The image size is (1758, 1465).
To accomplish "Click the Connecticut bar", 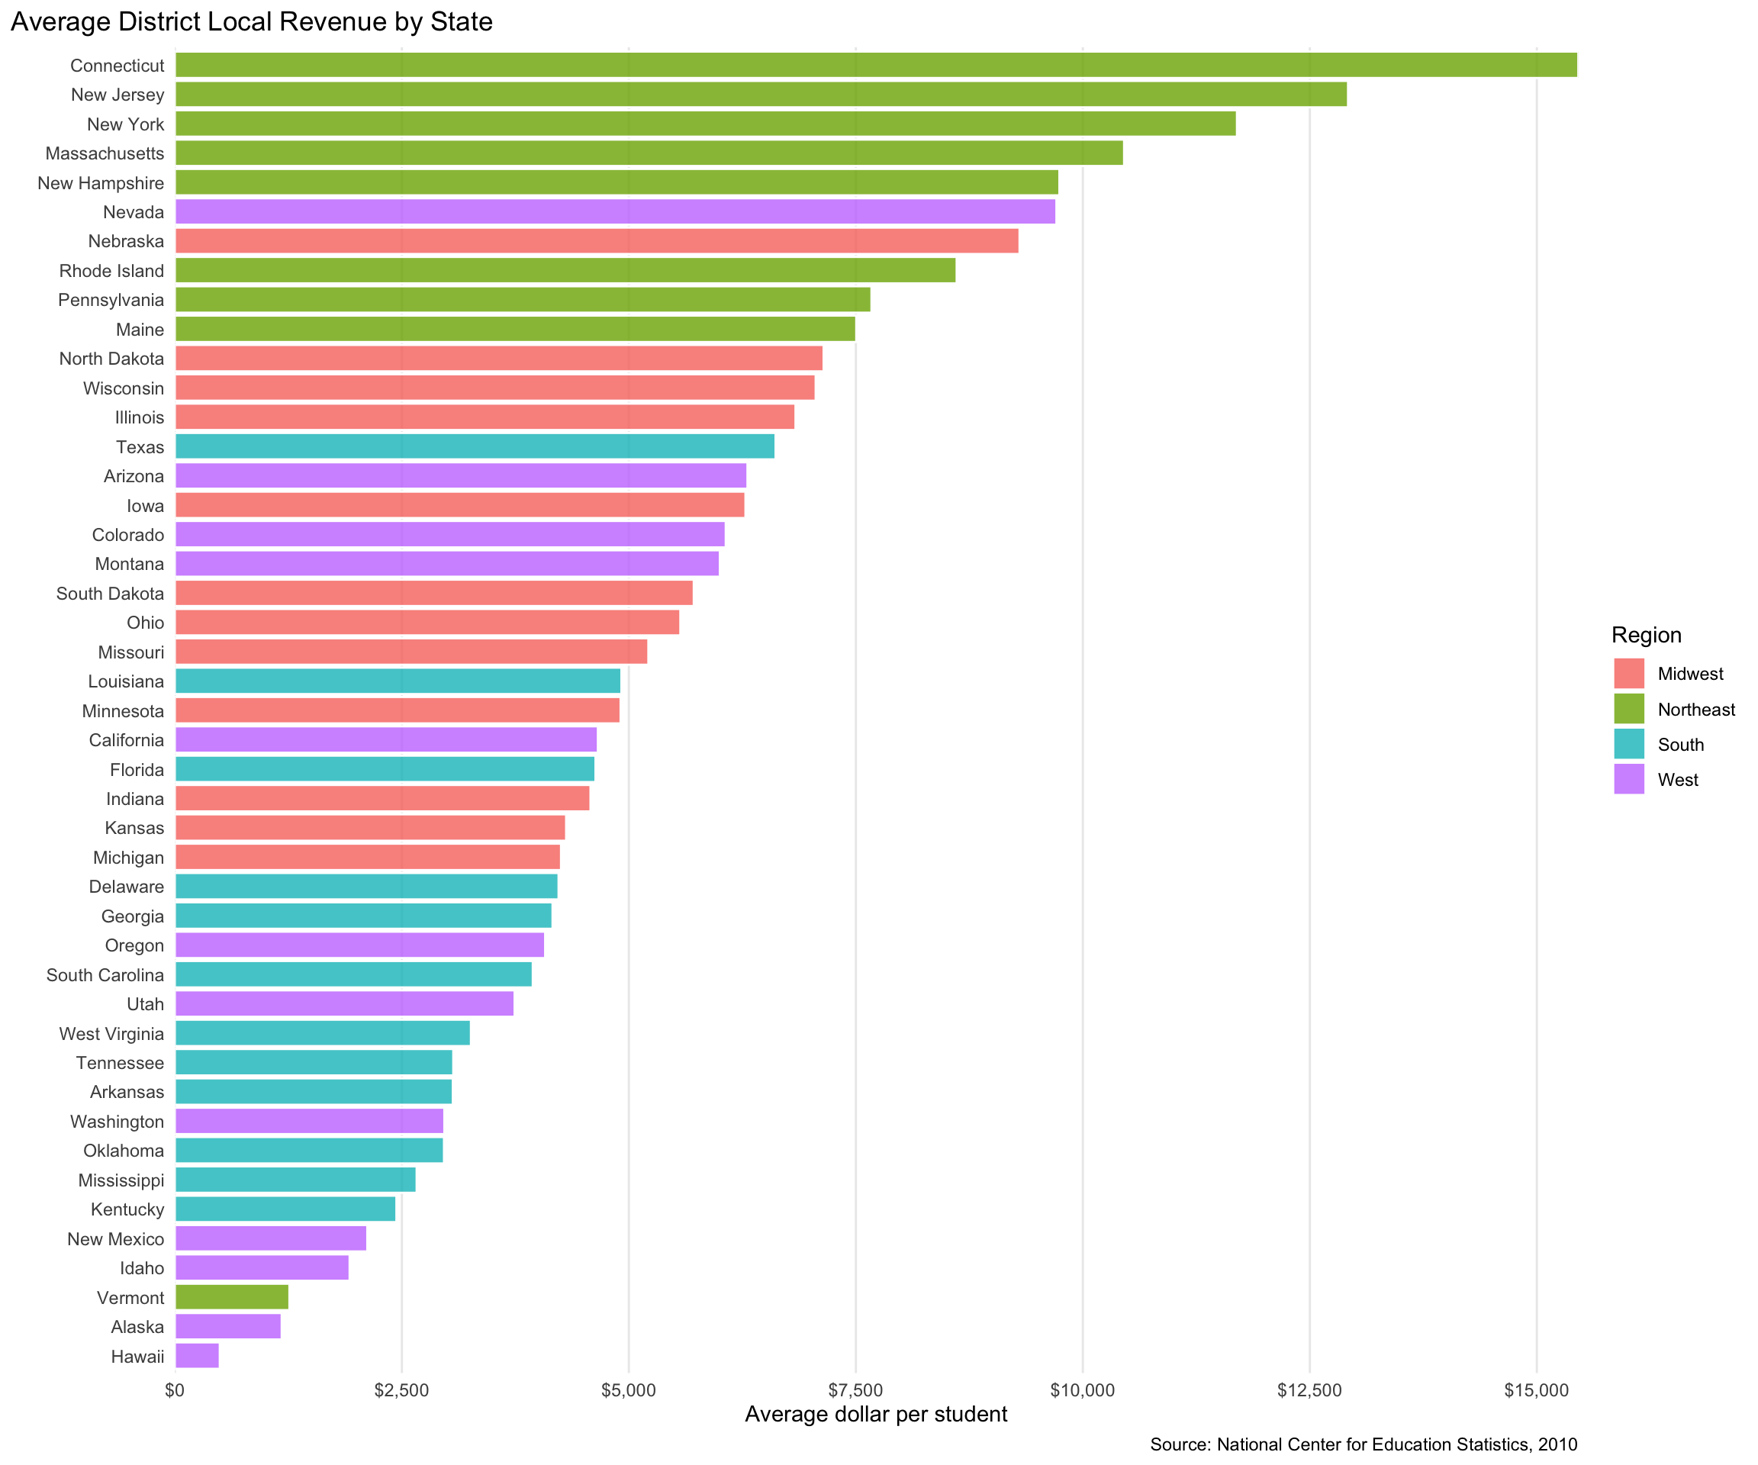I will click(875, 64).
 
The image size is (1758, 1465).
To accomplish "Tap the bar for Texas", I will click(475, 446).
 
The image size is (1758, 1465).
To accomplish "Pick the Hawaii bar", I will click(197, 1356).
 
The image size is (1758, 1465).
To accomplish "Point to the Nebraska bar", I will click(597, 241).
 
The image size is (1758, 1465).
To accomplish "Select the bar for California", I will click(386, 740).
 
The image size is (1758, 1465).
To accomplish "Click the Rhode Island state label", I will click(111, 270).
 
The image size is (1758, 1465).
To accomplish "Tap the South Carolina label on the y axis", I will click(105, 975).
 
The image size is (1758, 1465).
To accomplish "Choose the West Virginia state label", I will click(111, 1034).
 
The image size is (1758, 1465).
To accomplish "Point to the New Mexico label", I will click(115, 1239).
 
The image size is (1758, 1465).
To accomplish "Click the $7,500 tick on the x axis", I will click(855, 1390).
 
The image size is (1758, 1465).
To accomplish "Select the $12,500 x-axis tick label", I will click(1309, 1390).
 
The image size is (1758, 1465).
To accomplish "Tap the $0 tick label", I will click(175, 1390).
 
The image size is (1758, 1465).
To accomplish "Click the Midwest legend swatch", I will click(1629, 674).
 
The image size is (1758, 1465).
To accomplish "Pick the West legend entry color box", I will click(1629, 779).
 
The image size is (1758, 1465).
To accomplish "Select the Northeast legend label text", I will click(1696, 710).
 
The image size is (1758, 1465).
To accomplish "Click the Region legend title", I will click(1646, 636).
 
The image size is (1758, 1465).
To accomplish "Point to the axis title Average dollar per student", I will click(876, 1415).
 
